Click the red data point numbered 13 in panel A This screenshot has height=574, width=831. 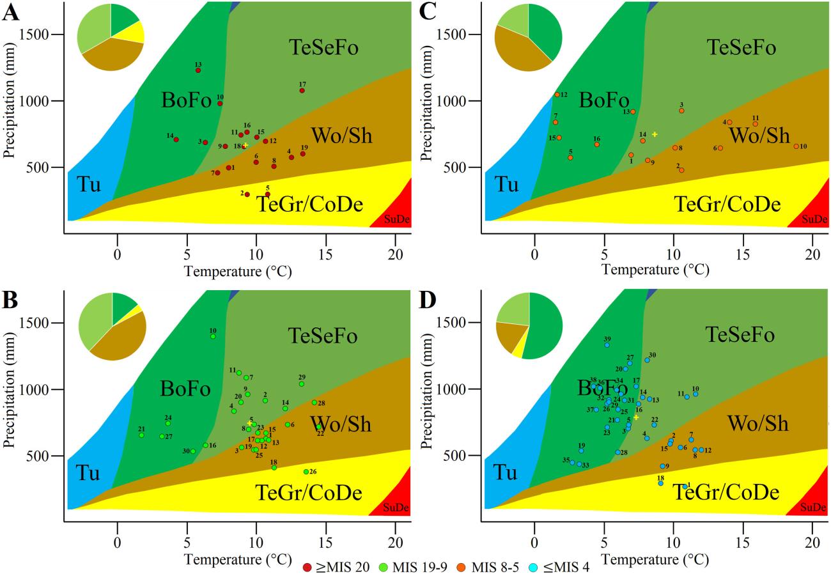point(198,70)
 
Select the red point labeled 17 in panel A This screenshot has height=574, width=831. point(302,91)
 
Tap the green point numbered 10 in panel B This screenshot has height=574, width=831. point(213,336)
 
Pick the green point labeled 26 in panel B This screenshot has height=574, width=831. point(306,472)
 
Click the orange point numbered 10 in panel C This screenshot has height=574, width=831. point(796,146)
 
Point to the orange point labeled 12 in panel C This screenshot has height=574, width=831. point(557,95)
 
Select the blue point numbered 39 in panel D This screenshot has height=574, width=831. point(607,345)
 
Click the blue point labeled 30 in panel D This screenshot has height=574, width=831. point(647,360)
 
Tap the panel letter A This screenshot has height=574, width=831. point(10,13)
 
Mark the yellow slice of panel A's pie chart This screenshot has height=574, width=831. point(134,31)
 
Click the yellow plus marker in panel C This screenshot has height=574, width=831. point(655,134)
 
